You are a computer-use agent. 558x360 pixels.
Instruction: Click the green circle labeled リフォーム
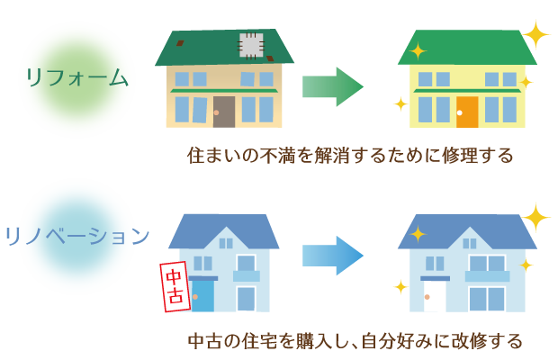76,79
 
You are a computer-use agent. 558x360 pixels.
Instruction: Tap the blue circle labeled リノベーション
76,237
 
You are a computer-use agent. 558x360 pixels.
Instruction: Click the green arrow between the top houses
332,86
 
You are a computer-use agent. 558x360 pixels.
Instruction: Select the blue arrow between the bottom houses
332,256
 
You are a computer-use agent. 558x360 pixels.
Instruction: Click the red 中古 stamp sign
175,286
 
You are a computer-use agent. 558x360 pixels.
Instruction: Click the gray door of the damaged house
223,111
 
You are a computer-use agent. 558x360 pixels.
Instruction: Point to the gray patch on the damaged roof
250,45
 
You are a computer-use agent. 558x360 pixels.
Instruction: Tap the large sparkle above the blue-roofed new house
536,216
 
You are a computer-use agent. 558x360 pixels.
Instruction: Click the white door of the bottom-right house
435,296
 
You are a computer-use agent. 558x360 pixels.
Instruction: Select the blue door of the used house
203,295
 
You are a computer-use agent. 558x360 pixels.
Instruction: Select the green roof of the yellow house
467,47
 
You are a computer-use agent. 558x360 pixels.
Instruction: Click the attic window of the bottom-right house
469,241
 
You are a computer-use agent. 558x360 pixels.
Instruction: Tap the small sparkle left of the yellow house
400,104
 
